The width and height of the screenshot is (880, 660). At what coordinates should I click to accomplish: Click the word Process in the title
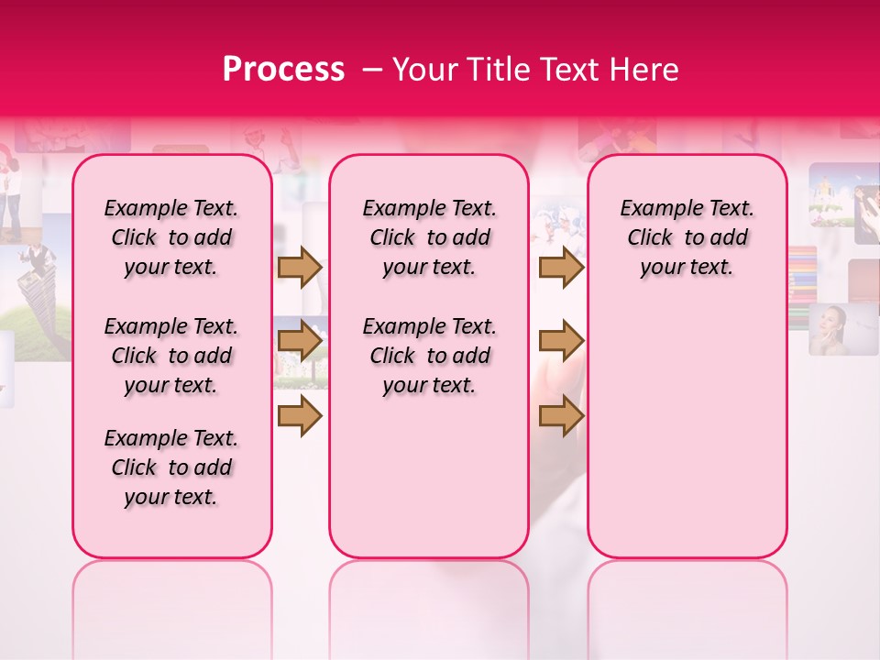pyautogui.click(x=283, y=70)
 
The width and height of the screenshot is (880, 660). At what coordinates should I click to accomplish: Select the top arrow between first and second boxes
pyautogui.click(x=300, y=267)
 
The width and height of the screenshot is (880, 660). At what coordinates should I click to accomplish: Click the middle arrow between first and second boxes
pyautogui.click(x=300, y=341)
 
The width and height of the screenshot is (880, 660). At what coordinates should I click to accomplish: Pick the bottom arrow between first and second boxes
pyautogui.click(x=300, y=416)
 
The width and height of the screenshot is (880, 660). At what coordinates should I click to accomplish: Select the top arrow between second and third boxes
pyautogui.click(x=561, y=267)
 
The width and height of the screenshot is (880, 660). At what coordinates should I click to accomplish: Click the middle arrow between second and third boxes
pyautogui.click(x=561, y=341)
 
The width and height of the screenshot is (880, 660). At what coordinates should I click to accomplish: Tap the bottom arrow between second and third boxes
pyautogui.click(x=561, y=416)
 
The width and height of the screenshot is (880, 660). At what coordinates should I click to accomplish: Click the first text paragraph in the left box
pyautogui.click(x=171, y=237)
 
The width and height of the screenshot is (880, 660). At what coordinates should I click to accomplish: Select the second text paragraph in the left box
pyautogui.click(x=171, y=356)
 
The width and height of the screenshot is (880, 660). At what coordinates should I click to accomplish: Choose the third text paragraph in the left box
pyautogui.click(x=171, y=467)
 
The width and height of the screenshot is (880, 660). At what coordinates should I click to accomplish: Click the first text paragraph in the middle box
pyautogui.click(x=429, y=237)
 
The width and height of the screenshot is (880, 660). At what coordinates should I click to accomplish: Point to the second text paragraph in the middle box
pyautogui.click(x=429, y=356)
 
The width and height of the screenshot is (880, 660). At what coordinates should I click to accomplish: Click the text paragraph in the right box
pyautogui.click(x=687, y=237)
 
